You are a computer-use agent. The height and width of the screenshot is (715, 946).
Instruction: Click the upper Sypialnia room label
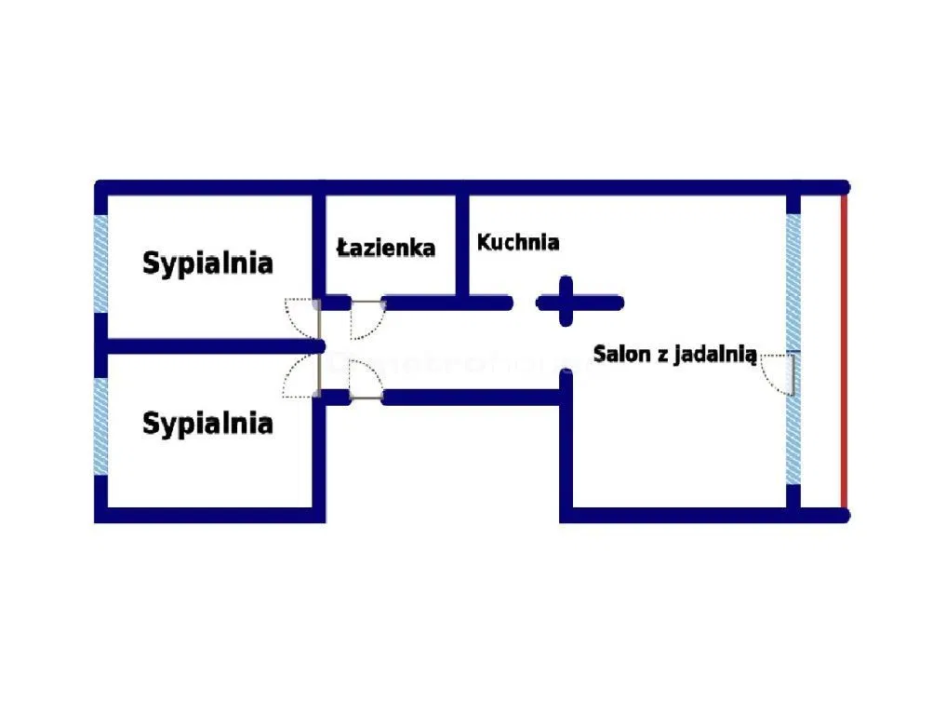click(207, 263)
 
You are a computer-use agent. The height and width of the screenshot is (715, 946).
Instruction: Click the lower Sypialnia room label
click(207, 425)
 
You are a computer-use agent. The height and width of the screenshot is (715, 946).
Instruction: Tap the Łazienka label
click(386, 248)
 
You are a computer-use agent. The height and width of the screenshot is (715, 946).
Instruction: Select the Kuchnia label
click(518, 243)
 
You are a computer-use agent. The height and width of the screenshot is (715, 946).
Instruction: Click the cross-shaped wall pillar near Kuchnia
click(566, 301)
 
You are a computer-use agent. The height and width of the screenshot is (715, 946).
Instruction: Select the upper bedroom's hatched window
click(100, 264)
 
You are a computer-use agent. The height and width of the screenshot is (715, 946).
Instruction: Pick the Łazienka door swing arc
click(366, 320)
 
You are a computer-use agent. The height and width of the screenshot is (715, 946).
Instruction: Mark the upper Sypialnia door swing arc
click(301, 317)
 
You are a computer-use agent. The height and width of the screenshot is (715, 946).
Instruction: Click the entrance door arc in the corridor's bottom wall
click(365, 380)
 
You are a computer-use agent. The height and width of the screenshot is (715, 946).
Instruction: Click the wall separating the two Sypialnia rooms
click(209, 346)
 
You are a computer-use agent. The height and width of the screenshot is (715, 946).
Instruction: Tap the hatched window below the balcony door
click(793, 438)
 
